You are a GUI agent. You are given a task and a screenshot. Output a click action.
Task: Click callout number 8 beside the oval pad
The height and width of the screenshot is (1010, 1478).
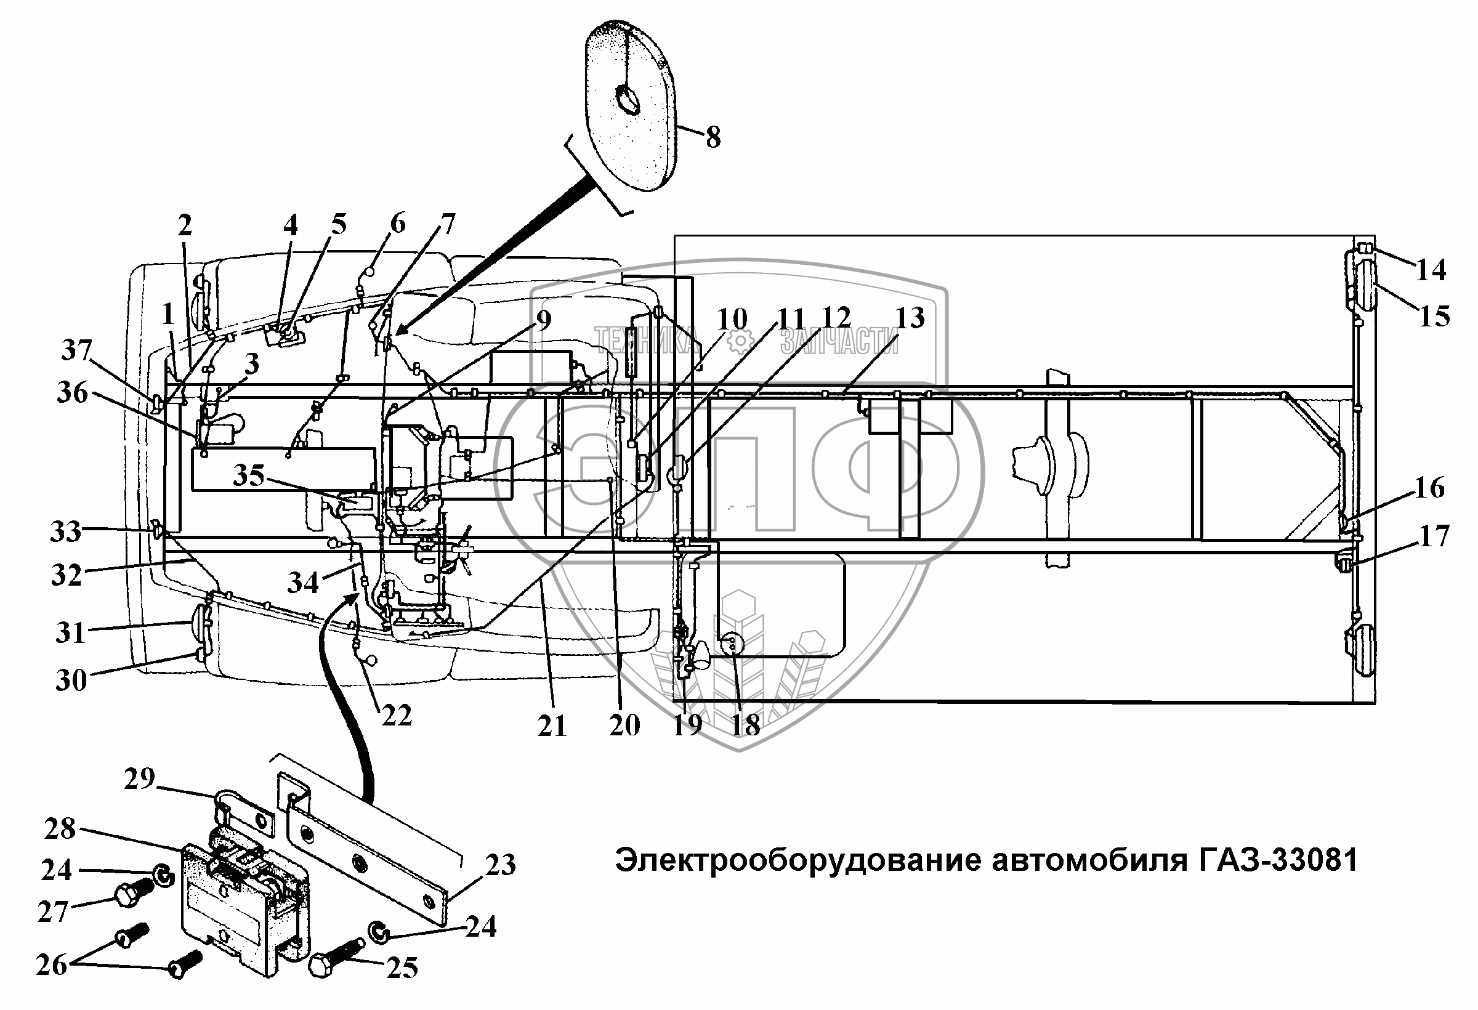(x=713, y=137)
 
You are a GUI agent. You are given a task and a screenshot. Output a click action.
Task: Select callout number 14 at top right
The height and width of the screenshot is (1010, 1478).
(x=1431, y=270)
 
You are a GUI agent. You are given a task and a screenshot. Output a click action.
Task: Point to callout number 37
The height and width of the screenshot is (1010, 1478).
(x=76, y=350)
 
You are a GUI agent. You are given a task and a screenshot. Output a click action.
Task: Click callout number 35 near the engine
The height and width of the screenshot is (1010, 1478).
(x=249, y=474)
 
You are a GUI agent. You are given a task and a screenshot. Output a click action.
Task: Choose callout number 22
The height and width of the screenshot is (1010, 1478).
(x=397, y=716)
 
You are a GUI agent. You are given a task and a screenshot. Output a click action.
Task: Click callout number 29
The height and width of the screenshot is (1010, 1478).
(x=139, y=778)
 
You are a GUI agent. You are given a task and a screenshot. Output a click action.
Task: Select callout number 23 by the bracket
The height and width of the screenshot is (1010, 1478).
(x=500, y=865)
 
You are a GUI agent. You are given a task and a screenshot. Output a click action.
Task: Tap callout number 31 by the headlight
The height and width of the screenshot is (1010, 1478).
(x=70, y=632)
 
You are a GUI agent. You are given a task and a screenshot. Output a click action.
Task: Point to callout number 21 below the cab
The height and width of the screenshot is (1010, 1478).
(x=551, y=725)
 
